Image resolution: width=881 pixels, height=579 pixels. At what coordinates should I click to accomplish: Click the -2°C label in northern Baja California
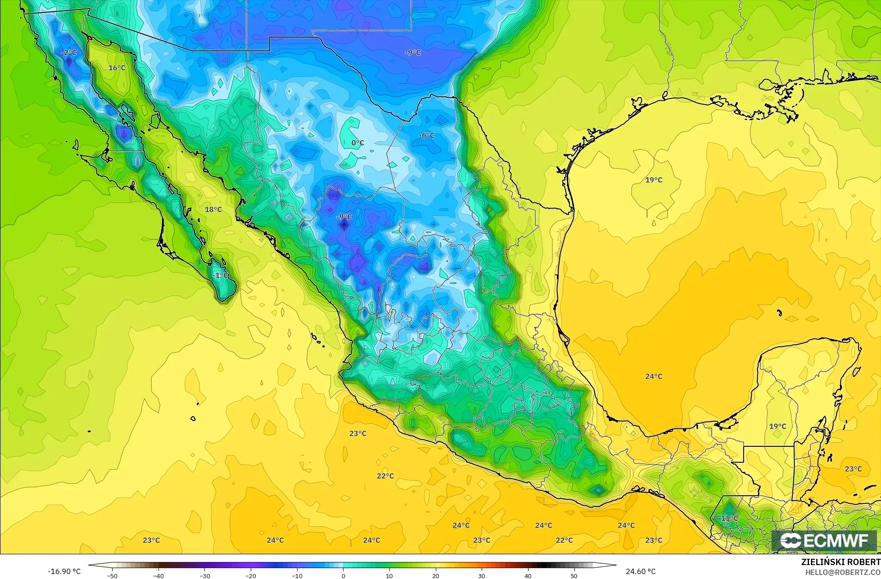click(69, 53)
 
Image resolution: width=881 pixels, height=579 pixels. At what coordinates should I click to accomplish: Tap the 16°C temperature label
click(117, 68)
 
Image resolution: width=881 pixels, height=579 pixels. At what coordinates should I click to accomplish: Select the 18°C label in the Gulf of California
click(213, 209)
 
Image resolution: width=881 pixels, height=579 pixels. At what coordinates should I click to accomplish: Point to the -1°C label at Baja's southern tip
click(221, 275)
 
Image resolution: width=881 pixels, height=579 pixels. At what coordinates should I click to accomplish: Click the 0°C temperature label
click(357, 143)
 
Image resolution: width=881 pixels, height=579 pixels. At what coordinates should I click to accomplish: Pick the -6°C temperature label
click(426, 135)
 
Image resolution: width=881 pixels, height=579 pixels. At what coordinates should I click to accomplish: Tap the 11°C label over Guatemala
click(730, 518)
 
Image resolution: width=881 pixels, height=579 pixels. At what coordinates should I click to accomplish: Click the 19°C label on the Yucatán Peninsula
click(777, 426)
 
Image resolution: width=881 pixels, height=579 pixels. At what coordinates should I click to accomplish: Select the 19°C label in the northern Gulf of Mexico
click(654, 180)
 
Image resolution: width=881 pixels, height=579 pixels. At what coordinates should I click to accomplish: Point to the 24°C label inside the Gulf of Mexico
click(654, 376)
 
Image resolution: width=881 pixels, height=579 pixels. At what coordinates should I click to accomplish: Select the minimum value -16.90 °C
click(64, 571)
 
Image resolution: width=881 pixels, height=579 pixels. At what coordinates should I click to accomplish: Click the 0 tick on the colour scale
click(343, 575)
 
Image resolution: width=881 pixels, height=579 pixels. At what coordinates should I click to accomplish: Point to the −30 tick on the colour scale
click(205, 575)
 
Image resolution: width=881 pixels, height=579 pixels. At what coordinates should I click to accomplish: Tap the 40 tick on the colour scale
click(528, 575)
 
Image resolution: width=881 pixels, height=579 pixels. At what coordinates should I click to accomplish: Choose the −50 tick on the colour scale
click(112, 575)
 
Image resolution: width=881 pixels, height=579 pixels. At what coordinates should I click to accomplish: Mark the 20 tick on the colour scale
click(435, 575)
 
